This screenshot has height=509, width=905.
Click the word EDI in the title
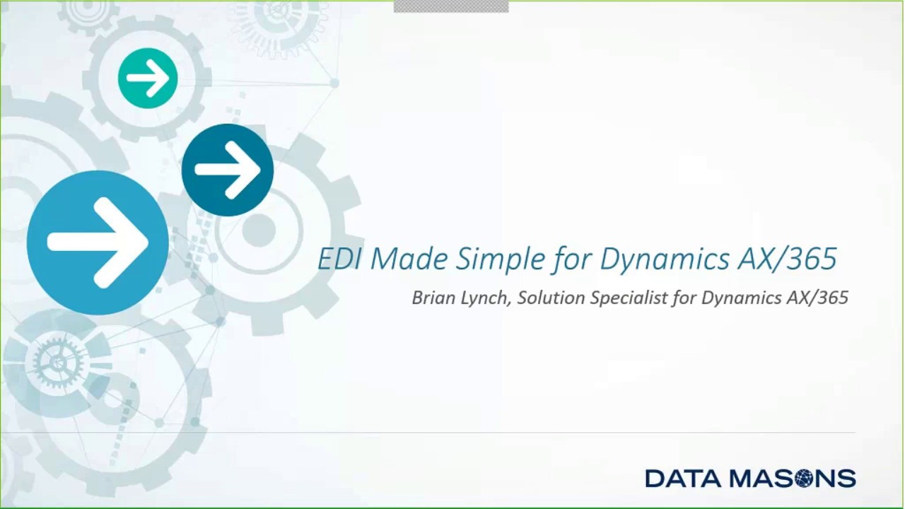coord(340,259)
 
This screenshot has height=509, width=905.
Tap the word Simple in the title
coord(501,259)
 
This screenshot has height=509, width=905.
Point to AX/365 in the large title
coord(787,259)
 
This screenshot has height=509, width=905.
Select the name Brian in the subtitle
coord(433,298)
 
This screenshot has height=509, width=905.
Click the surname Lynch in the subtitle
coord(486,298)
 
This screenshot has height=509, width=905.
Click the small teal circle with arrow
coord(148,78)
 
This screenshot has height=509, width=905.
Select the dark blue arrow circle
coord(227,170)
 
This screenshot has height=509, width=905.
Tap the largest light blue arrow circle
coord(98,242)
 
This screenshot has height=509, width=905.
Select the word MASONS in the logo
coord(793,479)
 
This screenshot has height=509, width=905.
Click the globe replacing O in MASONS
coord(803,479)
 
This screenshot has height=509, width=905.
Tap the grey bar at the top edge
coord(450,6)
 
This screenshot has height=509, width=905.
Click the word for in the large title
coord(569,259)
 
